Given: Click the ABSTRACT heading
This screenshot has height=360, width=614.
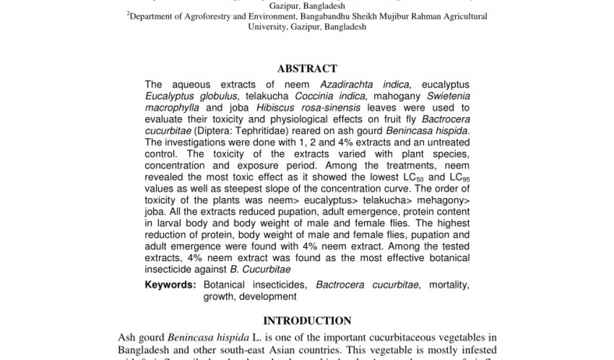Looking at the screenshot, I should (x=307, y=69).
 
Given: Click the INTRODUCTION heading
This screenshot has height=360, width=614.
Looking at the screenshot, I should (x=307, y=321).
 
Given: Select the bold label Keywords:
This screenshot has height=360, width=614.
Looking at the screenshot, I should (x=170, y=285).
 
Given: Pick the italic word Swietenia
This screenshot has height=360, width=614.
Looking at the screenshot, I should (x=448, y=97).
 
